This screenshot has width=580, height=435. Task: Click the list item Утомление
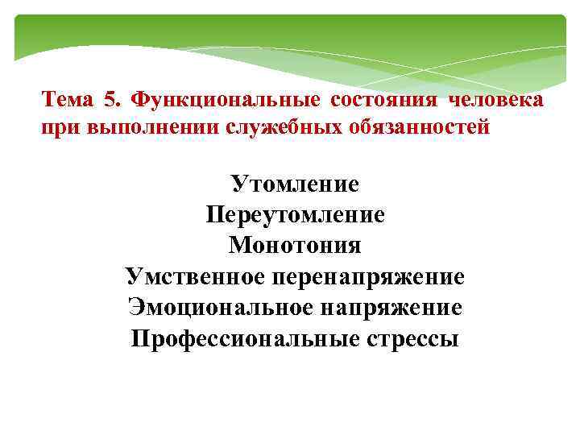[295, 184]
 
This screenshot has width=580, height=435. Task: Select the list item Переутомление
[295, 215]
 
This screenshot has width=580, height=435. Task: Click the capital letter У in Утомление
[239, 184]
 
